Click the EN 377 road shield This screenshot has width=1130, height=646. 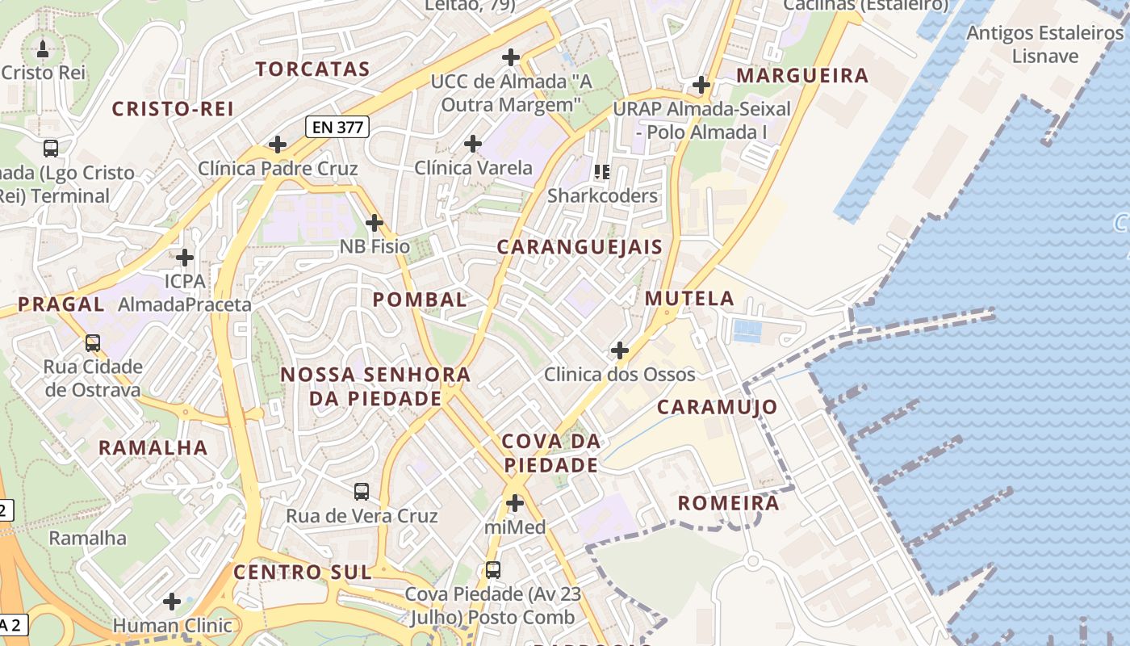[x=337, y=127]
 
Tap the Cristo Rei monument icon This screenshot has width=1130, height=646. [x=43, y=48]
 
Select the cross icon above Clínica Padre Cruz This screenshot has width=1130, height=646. [x=278, y=145]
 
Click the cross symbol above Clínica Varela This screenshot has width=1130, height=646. [x=473, y=144]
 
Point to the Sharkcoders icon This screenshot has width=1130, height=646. [x=602, y=171]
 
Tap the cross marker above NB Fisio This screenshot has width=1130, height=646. [x=375, y=222]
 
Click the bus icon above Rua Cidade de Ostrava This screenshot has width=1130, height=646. [x=93, y=342]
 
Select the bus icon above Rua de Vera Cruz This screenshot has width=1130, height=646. [x=362, y=491]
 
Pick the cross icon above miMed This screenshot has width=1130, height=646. [x=514, y=503]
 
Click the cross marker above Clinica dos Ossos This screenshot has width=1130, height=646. [x=620, y=350]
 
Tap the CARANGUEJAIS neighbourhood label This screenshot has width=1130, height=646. [x=580, y=247]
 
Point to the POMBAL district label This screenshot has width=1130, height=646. [x=420, y=300]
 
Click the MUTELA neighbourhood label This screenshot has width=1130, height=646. [x=689, y=299]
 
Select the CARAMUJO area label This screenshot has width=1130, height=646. [x=717, y=407]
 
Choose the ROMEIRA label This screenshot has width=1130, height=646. [x=729, y=504]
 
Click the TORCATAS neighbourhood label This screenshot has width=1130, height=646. [x=313, y=69]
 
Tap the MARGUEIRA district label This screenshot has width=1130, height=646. [x=803, y=76]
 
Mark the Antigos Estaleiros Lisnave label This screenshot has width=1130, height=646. [x=1045, y=44]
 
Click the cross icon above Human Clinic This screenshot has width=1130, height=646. [x=172, y=602]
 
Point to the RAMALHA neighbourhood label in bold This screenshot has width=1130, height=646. [x=153, y=447]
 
